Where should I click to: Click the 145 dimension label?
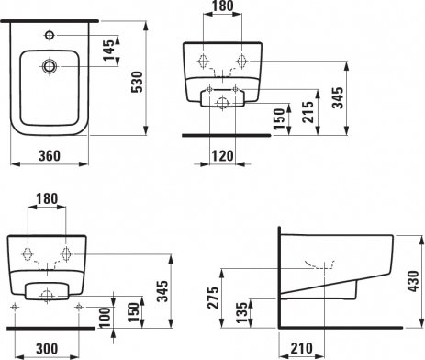(x=108, y=51)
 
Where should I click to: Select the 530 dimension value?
(x=137, y=82)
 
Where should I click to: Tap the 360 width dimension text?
(x=50, y=156)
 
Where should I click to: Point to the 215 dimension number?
(x=308, y=112)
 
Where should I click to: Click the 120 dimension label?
(x=222, y=156)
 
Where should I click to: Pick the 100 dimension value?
(x=105, y=318)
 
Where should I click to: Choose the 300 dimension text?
(x=47, y=349)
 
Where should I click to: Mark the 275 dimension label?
(x=213, y=298)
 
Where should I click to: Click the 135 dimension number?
(x=241, y=312)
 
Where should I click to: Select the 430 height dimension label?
(x=413, y=281)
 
